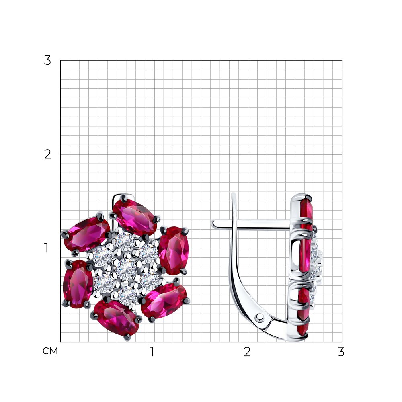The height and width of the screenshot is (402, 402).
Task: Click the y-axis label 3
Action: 48,61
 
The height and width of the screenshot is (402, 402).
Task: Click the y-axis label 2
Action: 48,154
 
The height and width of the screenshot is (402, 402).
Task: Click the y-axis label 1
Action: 46,248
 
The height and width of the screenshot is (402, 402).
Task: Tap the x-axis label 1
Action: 152,352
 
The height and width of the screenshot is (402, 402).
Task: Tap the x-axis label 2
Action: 247,352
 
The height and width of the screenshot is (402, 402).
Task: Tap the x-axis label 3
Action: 341,352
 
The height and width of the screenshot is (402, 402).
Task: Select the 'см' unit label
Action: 50,351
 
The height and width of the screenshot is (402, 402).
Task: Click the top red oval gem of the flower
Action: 135,217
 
